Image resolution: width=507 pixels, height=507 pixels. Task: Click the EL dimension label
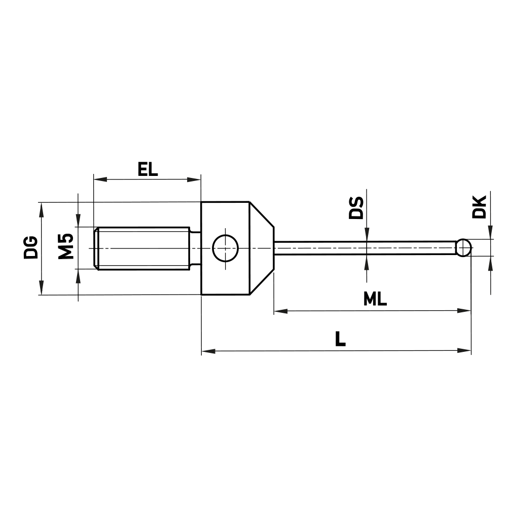tap(148, 168)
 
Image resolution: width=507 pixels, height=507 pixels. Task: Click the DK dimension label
tap(479, 207)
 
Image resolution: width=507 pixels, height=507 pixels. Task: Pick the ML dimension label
tap(375, 299)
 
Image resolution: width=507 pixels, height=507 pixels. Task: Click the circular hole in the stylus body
tap(225, 248)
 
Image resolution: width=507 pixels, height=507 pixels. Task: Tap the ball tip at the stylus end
tap(463, 248)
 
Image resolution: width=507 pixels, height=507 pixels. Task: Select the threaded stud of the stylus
tap(142, 248)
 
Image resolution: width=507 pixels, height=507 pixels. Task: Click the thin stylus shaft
tap(365, 248)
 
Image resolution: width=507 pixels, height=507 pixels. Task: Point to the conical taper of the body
tap(262, 248)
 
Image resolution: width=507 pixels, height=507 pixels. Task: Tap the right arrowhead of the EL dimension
tap(195, 179)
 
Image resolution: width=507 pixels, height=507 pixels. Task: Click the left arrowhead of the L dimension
tap(208, 350)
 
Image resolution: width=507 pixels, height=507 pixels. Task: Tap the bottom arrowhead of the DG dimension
tap(41, 288)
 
